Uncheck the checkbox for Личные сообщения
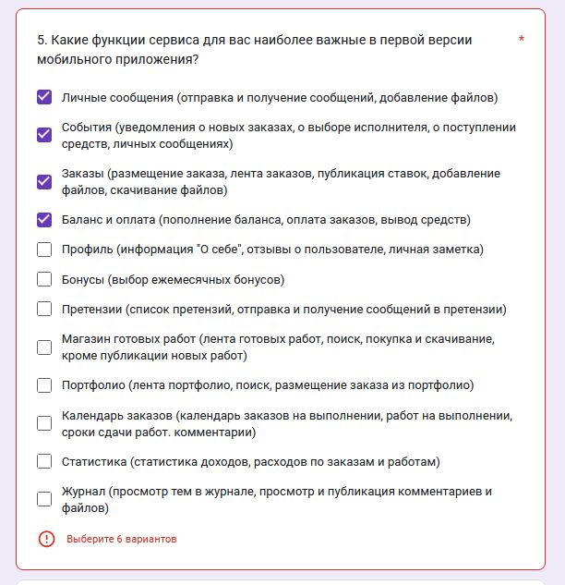[x=44, y=97]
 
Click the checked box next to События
[x=44, y=135]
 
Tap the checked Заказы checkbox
[x=44, y=181]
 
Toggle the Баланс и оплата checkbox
[x=44, y=220]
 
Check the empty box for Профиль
[x=44, y=250]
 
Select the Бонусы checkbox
[x=44, y=279]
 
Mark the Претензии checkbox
[x=44, y=309]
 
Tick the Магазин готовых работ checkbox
[x=44, y=347]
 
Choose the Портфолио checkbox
[x=44, y=385]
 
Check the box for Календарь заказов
[x=44, y=423]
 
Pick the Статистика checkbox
[x=44, y=461]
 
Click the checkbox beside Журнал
[x=44, y=499]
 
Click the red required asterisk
[x=522, y=41]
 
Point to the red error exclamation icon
[x=46, y=539]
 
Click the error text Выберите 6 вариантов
[x=121, y=539]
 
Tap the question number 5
[x=42, y=40]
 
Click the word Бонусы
[x=82, y=279]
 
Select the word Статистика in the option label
[x=93, y=461]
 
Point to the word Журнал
[x=82, y=492]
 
